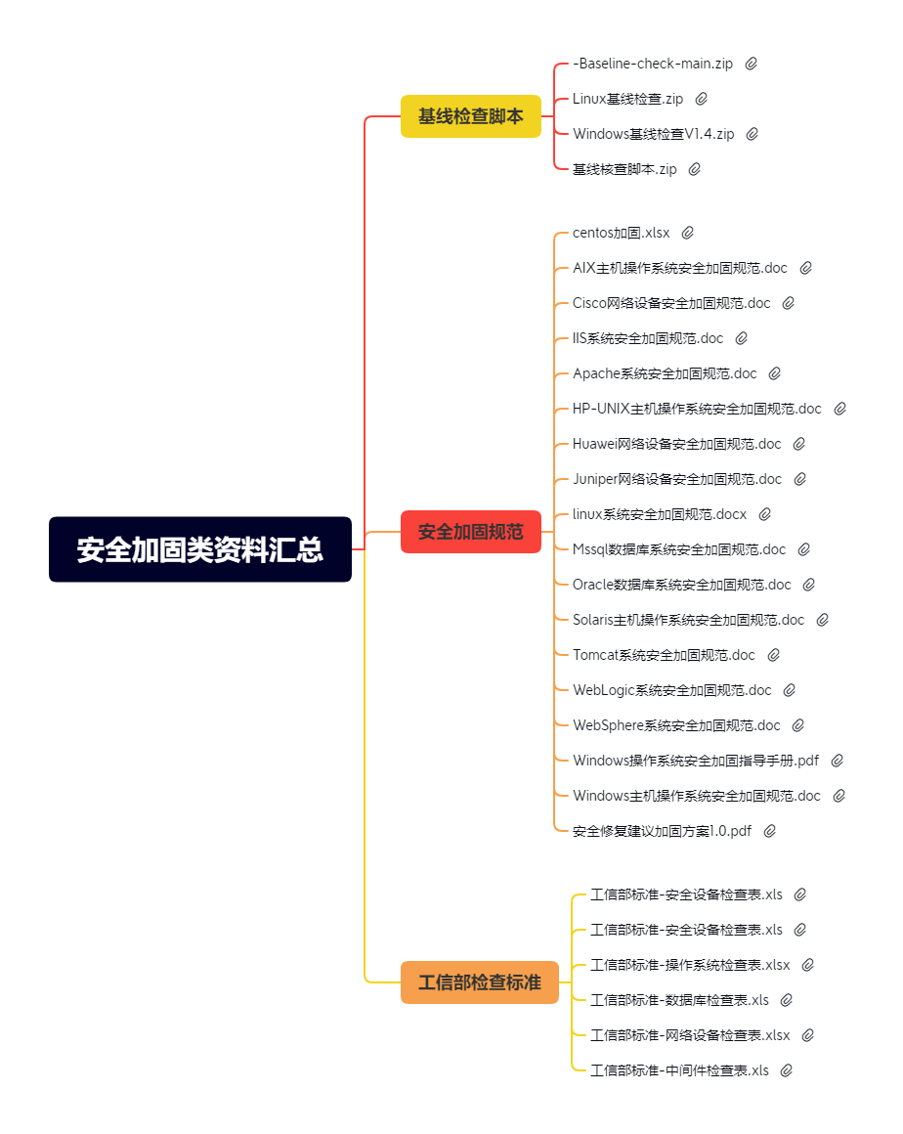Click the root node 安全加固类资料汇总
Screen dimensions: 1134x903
200,549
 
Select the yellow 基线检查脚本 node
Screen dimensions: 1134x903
471,116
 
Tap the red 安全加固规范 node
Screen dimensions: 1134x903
471,532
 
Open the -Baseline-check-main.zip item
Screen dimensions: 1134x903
653,64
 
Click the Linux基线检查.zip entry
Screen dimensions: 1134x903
627,99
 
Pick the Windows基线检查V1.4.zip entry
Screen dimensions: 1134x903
653,134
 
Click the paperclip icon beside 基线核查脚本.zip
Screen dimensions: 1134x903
695,169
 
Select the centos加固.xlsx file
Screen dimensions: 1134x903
622,233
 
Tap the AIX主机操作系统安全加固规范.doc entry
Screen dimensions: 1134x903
680,268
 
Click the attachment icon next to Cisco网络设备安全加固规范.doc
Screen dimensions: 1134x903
789,303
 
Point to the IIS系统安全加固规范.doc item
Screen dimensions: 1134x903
648,338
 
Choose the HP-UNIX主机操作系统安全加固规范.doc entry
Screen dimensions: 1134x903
697,409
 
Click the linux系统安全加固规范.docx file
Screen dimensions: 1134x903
660,514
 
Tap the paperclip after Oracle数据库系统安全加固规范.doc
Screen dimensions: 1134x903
809,585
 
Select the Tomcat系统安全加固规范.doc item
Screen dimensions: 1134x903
664,655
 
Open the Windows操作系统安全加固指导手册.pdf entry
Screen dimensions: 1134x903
696,761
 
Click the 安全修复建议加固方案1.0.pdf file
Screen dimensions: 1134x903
663,831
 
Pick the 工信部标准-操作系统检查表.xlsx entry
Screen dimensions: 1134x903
690,965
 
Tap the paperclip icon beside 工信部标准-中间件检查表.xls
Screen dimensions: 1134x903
787,1070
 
